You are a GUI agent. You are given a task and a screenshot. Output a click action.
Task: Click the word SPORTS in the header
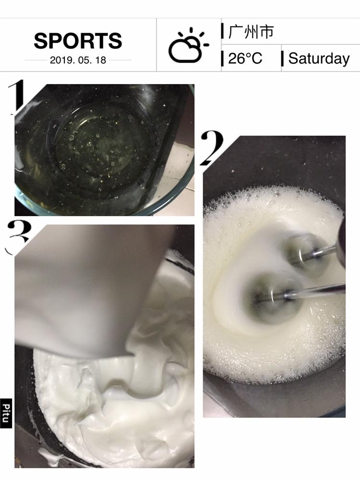[78, 41]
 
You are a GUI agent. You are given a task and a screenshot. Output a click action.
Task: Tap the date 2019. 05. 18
[78, 60]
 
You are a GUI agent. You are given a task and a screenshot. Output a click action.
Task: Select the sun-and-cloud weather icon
[188, 45]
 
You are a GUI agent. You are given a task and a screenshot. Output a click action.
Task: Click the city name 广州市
[251, 32]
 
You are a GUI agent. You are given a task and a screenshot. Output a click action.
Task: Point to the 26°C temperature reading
[245, 58]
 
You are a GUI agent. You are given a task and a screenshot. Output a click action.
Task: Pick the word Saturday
[319, 59]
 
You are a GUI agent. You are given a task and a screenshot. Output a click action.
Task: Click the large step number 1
[17, 97]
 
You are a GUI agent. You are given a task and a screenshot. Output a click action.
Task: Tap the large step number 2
[212, 148]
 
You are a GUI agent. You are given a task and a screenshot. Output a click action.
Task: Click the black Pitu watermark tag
[6, 413]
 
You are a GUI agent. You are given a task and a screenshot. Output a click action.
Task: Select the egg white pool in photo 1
[98, 144]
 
